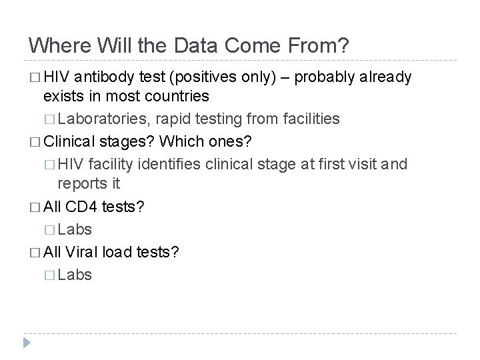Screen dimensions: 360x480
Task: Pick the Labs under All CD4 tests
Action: click(75, 229)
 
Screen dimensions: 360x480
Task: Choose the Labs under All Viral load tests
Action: click(75, 275)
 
